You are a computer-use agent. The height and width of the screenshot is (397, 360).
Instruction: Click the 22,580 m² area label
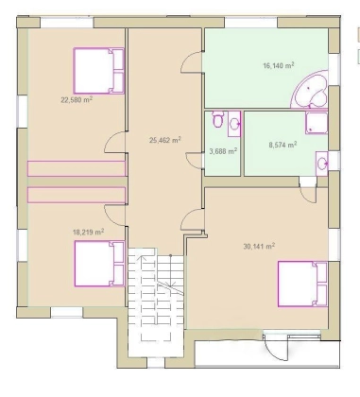click(x=77, y=100)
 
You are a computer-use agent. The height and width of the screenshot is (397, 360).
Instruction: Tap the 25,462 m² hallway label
click(x=164, y=140)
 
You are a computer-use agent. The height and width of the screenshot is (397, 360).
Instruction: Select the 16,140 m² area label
click(x=279, y=65)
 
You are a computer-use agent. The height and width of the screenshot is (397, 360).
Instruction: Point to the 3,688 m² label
click(x=223, y=151)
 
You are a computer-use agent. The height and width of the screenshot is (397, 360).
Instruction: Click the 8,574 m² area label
click(x=283, y=145)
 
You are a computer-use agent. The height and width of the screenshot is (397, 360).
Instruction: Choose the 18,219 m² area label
click(x=89, y=233)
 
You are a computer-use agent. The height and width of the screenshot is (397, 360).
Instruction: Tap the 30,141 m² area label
click(x=259, y=246)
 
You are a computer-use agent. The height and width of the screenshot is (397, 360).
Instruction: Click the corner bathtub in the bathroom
click(x=310, y=90)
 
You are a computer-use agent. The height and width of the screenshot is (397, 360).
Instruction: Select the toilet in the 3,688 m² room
click(x=217, y=119)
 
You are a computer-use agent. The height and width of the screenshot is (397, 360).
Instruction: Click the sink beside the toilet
click(x=234, y=124)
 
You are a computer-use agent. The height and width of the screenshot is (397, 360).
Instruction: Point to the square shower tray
click(x=317, y=122)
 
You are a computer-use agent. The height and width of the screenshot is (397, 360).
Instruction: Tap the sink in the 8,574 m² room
click(x=322, y=163)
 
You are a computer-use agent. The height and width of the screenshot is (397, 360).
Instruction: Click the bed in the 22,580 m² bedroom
click(x=98, y=71)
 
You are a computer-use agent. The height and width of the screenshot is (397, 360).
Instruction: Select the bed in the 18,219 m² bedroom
click(x=99, y=264)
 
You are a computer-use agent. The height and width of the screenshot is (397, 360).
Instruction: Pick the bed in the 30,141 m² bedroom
click(x=302, y=284)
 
